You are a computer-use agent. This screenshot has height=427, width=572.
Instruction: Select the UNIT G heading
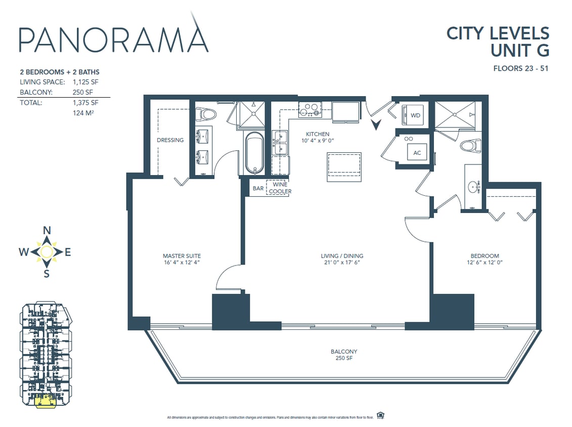(519, 51)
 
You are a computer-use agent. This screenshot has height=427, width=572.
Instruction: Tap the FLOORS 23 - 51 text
(521, 68)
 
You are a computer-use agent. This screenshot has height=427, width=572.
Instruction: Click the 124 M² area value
(84, 113)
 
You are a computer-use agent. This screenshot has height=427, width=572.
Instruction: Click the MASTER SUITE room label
(182, 259)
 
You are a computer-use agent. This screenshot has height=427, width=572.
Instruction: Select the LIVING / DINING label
(342, 259)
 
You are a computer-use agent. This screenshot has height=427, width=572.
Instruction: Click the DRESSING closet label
(170, 140)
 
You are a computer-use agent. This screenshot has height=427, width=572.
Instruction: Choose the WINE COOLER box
(280, 188)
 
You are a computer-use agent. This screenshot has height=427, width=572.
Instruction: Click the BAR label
(258, 188)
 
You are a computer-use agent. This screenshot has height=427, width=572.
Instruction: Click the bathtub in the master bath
(254, 153)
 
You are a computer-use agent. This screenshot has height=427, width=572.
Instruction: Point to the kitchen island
(344, 167)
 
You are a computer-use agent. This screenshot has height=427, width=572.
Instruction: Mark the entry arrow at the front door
(376, 124)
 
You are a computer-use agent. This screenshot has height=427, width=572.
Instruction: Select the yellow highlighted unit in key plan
(45, 401)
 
